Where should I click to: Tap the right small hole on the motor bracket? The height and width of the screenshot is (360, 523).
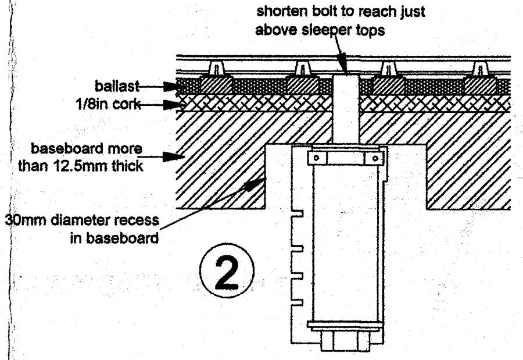[x=368, y=158]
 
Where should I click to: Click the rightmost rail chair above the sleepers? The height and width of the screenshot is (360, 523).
[x=481, y=69]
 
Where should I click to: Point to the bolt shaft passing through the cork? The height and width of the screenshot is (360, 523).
[x=345, y=105]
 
